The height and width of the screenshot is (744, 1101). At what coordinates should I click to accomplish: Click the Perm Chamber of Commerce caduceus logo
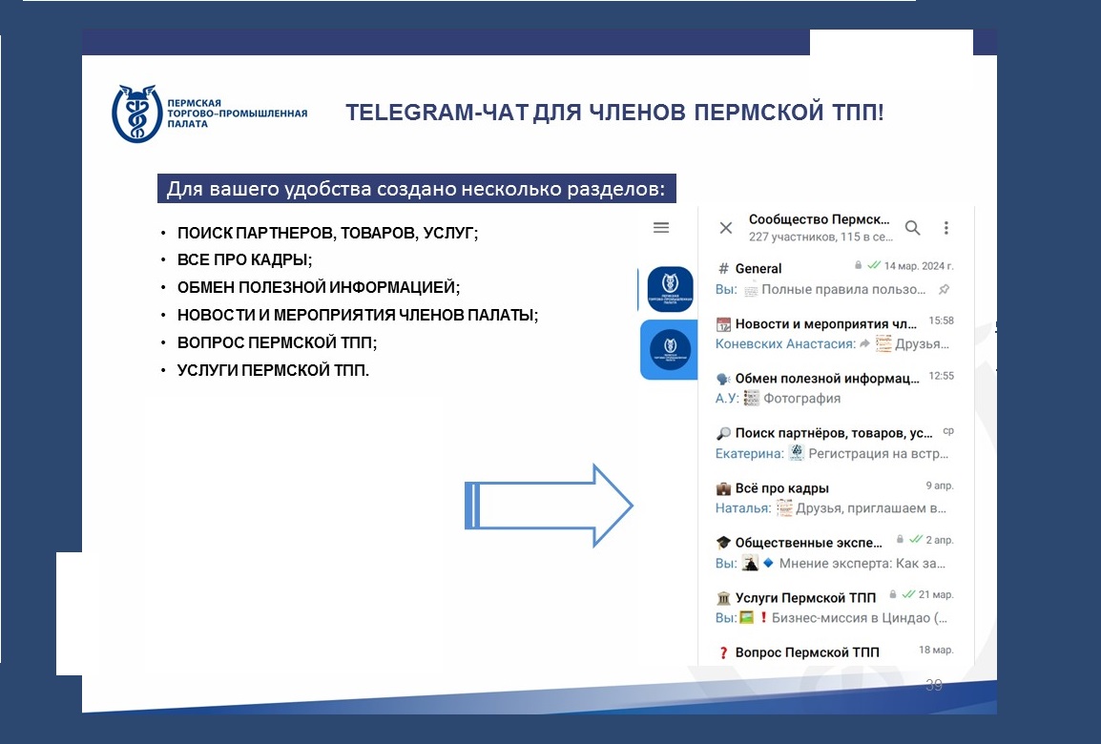pyautogui.click(x=137, y=114)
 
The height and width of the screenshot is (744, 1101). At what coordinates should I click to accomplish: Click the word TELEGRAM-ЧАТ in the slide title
pyautogui.click(x=436, y=113)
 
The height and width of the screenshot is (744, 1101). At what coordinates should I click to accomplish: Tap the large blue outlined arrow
pyautogui.click(x=549, y=506)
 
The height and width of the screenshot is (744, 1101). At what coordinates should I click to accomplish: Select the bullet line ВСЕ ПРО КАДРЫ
pyautogui.click(x=244, y=259)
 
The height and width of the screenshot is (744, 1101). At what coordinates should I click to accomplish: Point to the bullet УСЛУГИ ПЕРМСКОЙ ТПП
pyautogui.click(x=273, y=370)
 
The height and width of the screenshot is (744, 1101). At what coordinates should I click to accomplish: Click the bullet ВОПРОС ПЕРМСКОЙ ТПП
pyautogui.click(x=277, y=342)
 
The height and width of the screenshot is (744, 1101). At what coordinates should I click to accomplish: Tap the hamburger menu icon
pyautogui.click(x=661, y=227)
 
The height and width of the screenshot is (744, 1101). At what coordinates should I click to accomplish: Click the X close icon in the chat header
pyautogui.click(x=726, y=227)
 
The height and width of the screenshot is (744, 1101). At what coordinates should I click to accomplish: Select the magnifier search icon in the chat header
pyautogui.click(x=912, y=227)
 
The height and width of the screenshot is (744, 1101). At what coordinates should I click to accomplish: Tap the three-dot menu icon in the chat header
pyautogui.click(x=945, y=227)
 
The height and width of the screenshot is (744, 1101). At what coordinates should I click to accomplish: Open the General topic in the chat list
pyautogui.click(x=758, y=268)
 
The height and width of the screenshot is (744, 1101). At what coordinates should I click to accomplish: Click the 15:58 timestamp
pyautogui.click(x=941, y=320)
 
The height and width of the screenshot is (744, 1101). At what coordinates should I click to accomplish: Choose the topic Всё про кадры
pyautogui.click(x=782, y=488)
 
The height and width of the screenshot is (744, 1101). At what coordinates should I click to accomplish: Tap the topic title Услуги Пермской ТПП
pyautogui.click(x=805, y=598)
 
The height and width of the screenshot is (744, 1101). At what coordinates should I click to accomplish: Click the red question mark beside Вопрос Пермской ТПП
pyautogui.click(x=723, y=652)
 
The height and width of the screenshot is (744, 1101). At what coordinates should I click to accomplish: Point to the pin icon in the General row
pyautogui.click(x=945, y=289)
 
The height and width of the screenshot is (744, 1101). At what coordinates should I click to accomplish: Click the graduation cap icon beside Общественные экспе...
pyautogui.click(x=723, y=543)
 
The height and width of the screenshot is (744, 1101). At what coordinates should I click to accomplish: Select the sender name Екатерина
pyautogui.click(x=749, y=453)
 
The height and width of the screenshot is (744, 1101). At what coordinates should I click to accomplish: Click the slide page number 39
pyautogui.click(x=934, y=685)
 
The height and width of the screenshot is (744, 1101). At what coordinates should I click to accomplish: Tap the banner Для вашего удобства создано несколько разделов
pyautogui.click(x=416, y=189)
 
